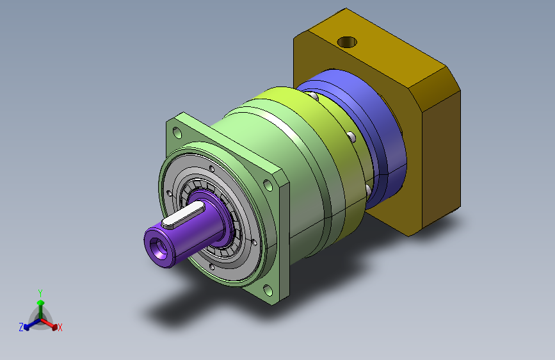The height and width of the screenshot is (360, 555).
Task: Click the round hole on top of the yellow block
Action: [347, 42]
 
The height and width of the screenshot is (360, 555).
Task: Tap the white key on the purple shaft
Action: [182, 215]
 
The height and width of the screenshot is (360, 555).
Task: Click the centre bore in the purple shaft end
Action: [158, 247]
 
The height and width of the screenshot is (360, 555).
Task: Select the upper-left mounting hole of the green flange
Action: [177, 133]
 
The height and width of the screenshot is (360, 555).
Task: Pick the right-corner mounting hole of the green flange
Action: [268, 185]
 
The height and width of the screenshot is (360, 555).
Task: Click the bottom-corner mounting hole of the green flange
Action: [268, 291]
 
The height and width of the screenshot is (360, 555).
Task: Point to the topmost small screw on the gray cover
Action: [212, 168]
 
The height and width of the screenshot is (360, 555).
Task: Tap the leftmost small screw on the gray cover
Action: [169, 193]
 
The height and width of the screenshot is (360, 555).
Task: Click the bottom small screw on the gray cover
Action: [212, 267]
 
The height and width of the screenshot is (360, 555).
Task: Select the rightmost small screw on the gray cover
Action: [254, 243]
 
